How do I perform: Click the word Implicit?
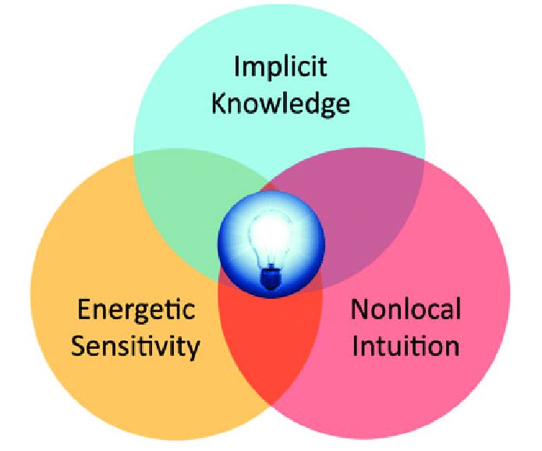[x=280, y=69]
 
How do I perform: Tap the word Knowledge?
[x=280, y=103]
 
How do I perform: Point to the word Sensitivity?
[x=135, y=344]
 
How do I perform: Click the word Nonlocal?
[x=406, y=310]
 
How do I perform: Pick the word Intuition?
[x=406, y=344]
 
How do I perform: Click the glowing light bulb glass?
[x=271, y=238]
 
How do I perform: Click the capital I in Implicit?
[x=238, y=68]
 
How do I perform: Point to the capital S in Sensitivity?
[x=78, y=344]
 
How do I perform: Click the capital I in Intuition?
[x=356, y=344]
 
